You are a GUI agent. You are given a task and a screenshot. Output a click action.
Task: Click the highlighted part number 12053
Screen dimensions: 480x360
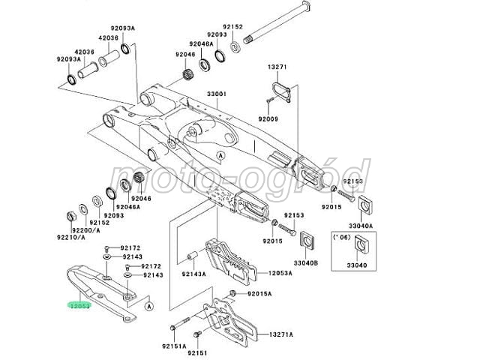pos(79,305)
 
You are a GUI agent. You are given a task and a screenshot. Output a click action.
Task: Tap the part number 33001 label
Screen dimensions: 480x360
pos(216,93)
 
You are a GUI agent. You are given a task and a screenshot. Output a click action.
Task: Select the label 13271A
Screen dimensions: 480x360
pos(281,334)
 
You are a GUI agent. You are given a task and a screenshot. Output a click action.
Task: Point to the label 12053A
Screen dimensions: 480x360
pos(280,273)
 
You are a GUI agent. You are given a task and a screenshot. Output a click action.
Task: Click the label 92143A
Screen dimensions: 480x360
pos(193,274)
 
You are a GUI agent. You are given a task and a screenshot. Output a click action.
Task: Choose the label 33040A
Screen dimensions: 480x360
pos(361,226)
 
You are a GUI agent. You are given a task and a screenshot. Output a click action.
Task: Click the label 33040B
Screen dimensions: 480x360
pos(306,262)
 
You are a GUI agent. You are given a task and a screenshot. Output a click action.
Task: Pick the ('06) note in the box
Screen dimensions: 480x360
pos(341,237)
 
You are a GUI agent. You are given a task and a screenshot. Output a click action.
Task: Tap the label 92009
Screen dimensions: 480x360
pos(268,118)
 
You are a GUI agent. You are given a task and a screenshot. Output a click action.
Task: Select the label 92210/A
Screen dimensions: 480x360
pos(71,237)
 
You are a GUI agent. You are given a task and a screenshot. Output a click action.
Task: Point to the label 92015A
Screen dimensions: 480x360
pos(259,294)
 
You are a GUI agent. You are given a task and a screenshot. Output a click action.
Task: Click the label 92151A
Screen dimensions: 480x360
pos(174,346)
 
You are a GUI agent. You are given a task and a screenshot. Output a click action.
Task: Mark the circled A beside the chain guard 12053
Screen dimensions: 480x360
pos(148,306)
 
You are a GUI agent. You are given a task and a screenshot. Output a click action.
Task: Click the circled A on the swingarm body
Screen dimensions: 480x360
pos(220,155)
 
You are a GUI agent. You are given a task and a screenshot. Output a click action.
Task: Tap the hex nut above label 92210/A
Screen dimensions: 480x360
pos(72,216)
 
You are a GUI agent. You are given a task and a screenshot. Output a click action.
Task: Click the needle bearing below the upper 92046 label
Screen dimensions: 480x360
pos(187,74)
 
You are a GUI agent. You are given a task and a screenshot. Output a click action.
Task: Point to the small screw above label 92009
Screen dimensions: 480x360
pos(269,100)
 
